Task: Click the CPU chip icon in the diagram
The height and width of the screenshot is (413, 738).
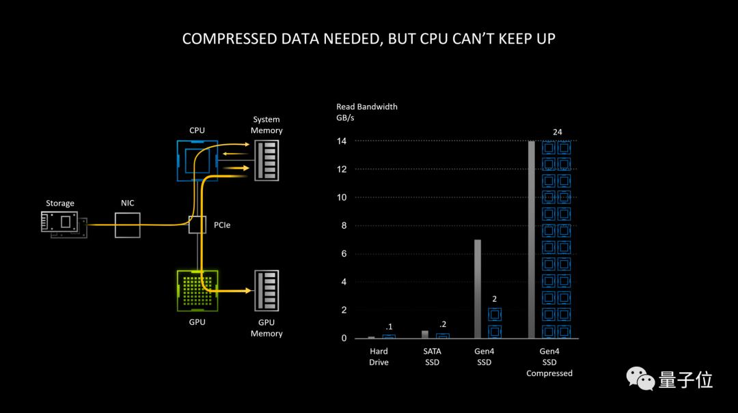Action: pos(197,160)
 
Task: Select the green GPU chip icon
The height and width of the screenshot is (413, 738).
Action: pos(197,291)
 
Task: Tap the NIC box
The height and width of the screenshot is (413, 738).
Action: pos(128,225)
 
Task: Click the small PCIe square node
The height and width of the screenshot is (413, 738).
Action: pos(197,225)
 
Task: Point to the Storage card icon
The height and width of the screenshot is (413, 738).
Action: pos(64,225)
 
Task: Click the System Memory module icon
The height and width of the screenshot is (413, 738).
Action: pos(266,160)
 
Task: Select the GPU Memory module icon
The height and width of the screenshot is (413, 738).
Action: pos(266,291)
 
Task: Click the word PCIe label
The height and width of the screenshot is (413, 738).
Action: pos(222,225)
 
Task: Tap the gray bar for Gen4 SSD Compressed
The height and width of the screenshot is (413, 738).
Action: pos(532,240)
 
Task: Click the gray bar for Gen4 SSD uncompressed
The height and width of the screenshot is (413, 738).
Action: pos(478,289)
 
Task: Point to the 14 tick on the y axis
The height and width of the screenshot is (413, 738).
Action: pos(342,141)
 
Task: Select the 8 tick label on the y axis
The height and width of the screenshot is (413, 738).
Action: pos(344,225)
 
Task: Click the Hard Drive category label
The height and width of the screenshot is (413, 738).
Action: pos(379,356)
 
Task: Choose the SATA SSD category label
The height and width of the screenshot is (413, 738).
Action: pos(432,356)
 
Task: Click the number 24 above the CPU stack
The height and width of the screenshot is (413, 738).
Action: pos(558,132)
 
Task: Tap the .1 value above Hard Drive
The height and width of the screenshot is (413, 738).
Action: pos(389,327)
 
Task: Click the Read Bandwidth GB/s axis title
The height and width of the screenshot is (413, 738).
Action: pos(367,112)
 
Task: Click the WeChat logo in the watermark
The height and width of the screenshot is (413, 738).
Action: pos(640,379)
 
